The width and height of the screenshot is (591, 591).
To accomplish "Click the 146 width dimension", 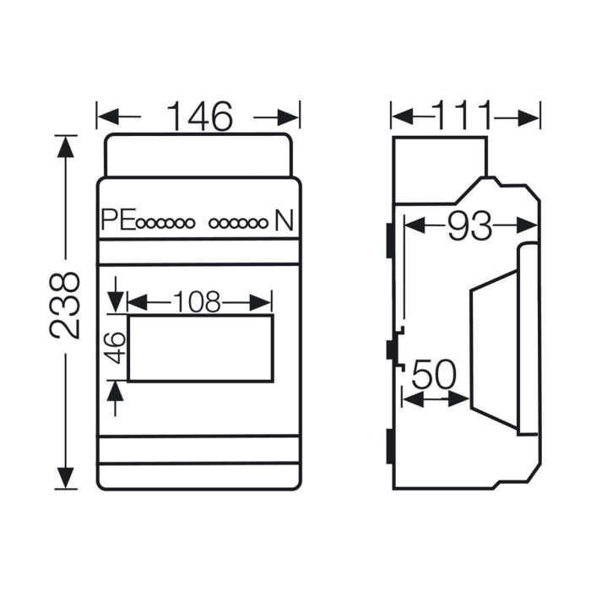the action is [x=200, y=117].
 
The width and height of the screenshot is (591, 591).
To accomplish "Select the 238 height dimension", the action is [x=64, y=306].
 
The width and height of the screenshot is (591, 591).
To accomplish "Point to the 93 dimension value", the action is [x=470, y=225].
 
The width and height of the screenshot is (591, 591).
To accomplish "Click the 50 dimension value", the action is [x=434, y=375].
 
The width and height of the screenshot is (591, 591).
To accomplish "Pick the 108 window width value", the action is [x=197, y=302].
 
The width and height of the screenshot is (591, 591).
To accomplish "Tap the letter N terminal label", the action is [x=284, y=220].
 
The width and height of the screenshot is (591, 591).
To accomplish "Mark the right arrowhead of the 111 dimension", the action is [x=529, y=119].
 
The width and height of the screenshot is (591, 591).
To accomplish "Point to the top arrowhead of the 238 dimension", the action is [x=66, y=147].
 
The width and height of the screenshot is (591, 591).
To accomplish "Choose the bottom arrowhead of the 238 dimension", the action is [x=66, y=478].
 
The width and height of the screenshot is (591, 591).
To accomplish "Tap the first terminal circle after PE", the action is [x=141, y=224].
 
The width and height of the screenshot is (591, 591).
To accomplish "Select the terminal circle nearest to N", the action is [x=263, y=224].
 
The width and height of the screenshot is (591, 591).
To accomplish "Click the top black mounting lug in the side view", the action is [x=390, y=241].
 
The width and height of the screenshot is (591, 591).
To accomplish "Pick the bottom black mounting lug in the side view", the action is [x=390, y=447].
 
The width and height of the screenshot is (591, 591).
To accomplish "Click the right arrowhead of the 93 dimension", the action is [x=527, y=225].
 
